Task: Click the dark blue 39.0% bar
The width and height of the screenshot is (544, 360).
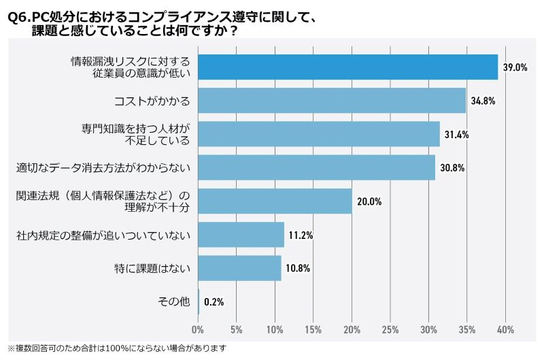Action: pyautogui.click(x=347, y=67)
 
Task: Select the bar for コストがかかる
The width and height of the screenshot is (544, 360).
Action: pyautogui.click(x=332, y=101)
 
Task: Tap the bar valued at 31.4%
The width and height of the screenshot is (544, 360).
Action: pyautogui.click(x=319, y=134)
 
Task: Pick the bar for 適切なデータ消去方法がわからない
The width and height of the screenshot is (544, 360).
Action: pyautogui.click(x=316, y=167)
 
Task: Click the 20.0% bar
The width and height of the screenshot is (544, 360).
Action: pyautogui.click(x=275, y=201)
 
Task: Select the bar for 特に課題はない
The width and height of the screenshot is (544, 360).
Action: pyautogui.click(x=239, y=268)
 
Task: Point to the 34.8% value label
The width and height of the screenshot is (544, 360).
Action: pyautogui.click(x=482, y=101)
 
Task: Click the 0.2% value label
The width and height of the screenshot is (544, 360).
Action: pyautogui.click(x=214, y=301)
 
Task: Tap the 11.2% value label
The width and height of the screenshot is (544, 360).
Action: pyautogui.click(x=300, y=235)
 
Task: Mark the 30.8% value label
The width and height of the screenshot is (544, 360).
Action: pyautogui.click(x=452, y=167)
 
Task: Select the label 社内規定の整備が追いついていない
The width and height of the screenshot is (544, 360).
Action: pyautogui.click(x=103, y=235)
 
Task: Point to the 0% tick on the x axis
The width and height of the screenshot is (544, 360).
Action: pyautogui.click(x=198, y=330)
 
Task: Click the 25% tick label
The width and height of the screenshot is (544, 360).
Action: pyautogui.click(x=390, y=330)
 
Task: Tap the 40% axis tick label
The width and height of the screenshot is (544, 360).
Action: pyautogui.click(x=505, y=330)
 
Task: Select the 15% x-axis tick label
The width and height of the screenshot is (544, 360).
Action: pyautogui.click(x=313, y=330)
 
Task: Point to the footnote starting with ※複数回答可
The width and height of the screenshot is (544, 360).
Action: pyautogui.click(x=116, y=348)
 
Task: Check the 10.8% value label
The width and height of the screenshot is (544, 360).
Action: pyautogui.click(x=297, y=268)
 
